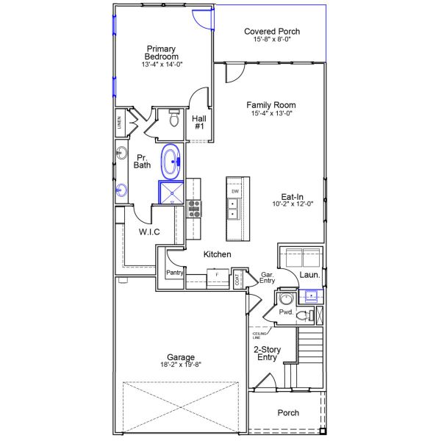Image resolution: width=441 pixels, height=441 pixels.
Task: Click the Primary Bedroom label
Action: tap(161, 53)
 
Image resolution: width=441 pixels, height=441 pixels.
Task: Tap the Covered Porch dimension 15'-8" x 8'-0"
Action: tap(272, 41)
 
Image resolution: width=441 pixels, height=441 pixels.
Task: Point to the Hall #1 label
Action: tap(199, 122)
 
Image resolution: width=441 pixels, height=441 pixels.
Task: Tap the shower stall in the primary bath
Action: tap(171, 192)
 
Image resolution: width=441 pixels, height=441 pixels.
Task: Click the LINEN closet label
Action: tap(119, 123)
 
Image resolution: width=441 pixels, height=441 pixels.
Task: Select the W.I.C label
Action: tap(149, 232)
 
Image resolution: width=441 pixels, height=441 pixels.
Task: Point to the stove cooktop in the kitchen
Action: tap(194, 209)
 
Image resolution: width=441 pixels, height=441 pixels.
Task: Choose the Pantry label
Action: tap(174, 273)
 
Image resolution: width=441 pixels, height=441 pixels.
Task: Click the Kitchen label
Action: tap(218, 254)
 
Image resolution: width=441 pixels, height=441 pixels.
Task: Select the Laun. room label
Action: tap(308, 276)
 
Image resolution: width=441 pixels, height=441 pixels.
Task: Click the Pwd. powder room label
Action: tap(286, 312)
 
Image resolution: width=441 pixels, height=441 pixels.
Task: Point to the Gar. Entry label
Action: tap(268, 276)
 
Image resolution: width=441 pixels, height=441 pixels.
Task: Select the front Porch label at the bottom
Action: tap(288, 413)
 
